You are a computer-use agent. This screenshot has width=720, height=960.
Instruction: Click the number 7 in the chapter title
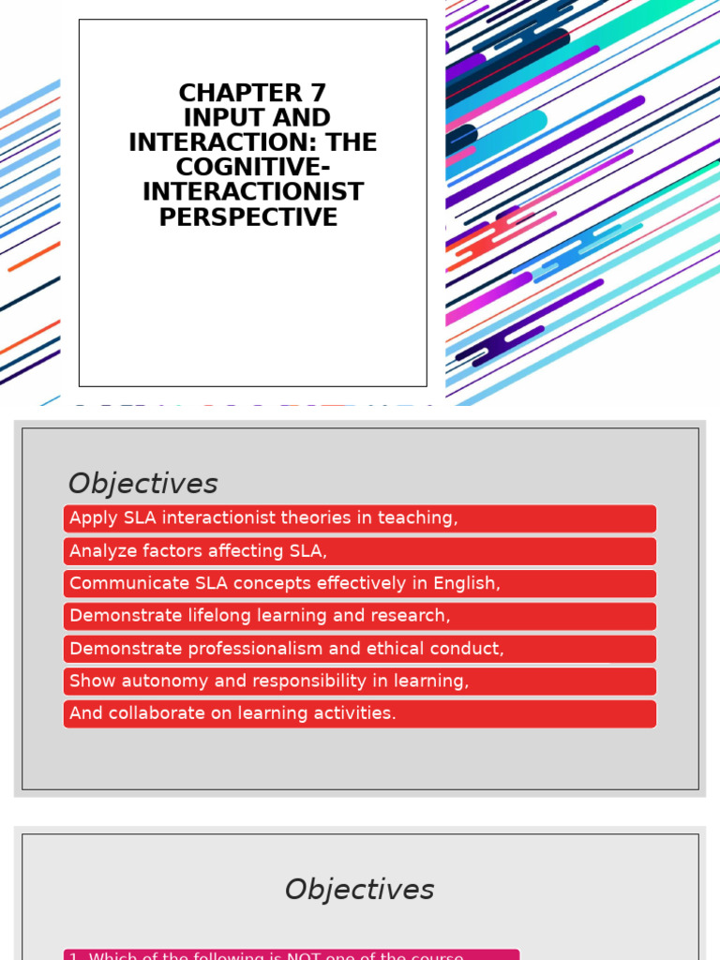(317, 94)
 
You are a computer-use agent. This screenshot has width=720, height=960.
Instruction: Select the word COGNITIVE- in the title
(253, 168)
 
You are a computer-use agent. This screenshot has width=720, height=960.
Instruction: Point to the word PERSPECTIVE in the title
(247, 217)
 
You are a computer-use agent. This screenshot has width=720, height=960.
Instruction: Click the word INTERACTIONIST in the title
(253, 192)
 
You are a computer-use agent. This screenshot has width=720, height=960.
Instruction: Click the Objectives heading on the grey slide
(142, 484)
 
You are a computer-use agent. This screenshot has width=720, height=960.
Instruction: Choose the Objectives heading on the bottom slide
(360, 890)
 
